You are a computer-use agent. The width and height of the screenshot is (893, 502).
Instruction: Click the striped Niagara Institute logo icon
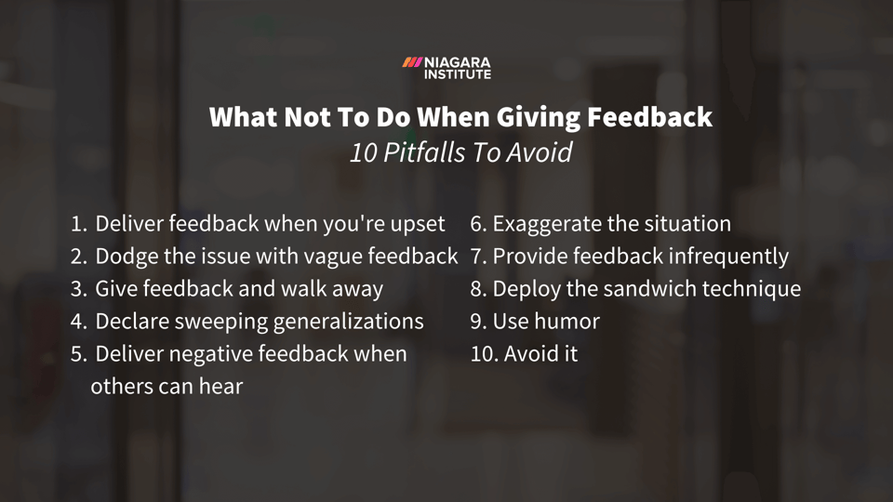(412, 62)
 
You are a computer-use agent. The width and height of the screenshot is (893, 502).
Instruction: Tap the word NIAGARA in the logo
(458, 62)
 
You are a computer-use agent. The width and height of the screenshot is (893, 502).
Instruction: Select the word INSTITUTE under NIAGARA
(458, 74)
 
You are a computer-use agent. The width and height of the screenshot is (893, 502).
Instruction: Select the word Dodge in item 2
(127, 257)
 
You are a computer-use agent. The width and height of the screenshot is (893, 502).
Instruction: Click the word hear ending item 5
(220, 387)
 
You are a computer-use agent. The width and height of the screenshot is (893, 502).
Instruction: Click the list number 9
(477, 322)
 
